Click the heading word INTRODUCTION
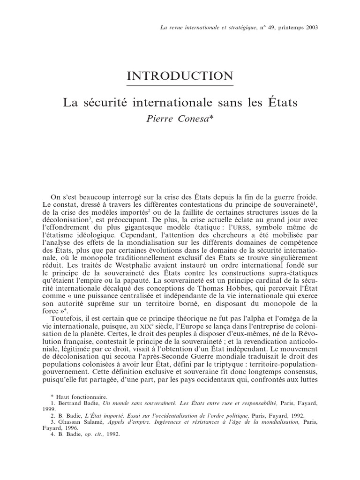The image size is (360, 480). tap(180, 76)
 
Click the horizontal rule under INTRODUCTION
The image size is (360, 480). tap(180, 86)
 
